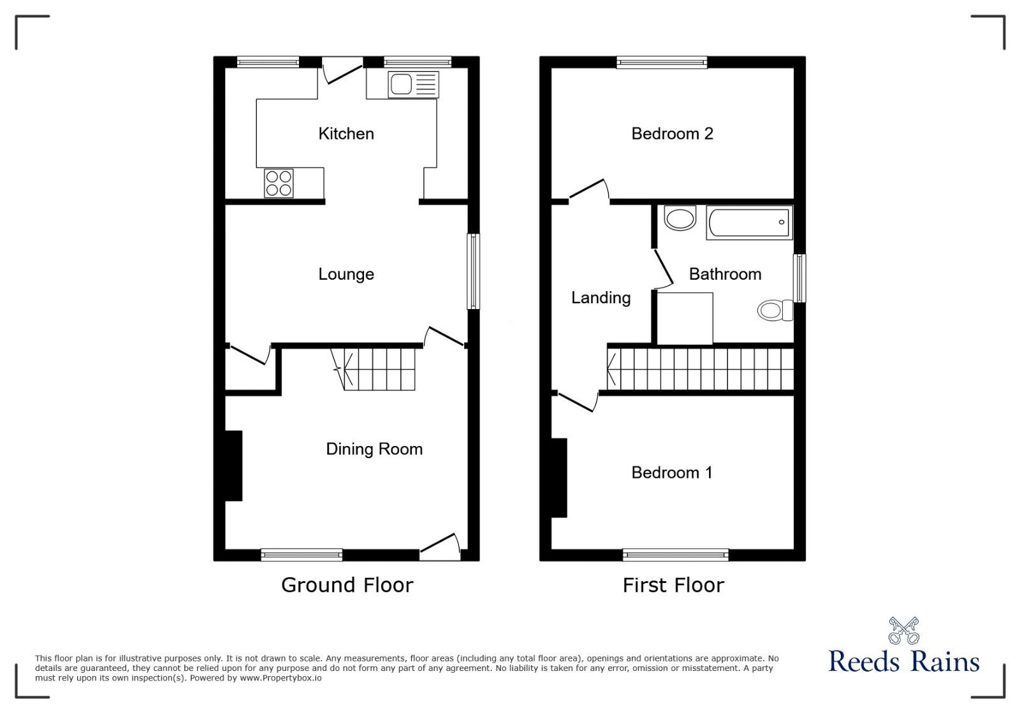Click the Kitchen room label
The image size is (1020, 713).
346,134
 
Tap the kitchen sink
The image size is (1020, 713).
412,84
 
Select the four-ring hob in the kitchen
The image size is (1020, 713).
279,183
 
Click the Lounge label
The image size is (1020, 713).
346,275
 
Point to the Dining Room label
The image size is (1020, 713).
374,449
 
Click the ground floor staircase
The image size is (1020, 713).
379,369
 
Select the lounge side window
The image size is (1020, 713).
474,271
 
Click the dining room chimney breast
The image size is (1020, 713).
233,466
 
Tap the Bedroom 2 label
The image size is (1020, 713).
672,134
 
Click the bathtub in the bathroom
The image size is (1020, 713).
749,223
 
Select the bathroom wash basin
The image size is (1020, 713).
680,219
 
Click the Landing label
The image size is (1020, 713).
601,298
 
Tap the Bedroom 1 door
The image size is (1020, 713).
578,402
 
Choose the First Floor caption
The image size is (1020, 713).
673,585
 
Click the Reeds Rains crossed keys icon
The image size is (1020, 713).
903,630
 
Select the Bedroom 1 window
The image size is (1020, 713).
676,556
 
